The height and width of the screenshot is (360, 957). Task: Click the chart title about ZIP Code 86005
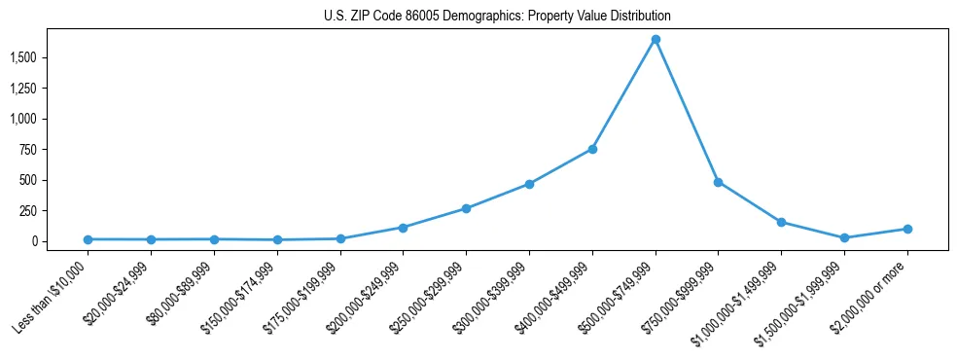[497, 17]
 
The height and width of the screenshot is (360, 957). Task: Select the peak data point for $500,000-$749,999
[656, 39]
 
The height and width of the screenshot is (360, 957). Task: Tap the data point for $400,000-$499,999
[592, 149]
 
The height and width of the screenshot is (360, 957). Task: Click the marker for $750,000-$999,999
[718, 182]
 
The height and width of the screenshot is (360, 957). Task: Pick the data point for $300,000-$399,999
[529, 184]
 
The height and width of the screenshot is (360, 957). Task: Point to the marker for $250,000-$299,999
[466, 208]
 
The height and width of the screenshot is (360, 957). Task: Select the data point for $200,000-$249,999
[403, 228]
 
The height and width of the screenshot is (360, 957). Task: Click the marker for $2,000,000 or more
[907, 229]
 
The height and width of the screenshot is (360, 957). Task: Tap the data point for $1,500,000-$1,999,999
[844, 237]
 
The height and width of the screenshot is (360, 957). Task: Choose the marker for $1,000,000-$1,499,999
[781, 222]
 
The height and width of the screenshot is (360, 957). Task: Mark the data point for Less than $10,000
[88, 239]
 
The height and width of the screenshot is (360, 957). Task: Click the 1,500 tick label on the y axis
[50, 57]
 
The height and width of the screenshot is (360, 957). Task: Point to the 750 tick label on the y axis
[55, 150]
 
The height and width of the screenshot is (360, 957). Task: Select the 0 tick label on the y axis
[61, 241]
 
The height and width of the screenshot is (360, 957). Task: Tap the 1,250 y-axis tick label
[50, 89]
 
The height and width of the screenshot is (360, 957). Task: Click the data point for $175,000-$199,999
[340, 238]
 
